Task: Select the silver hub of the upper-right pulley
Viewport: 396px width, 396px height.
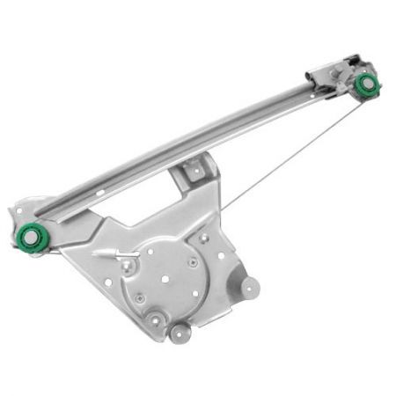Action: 367,84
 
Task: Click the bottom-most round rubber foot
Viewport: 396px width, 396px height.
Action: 181,334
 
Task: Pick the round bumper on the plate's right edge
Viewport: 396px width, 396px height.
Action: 251,287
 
